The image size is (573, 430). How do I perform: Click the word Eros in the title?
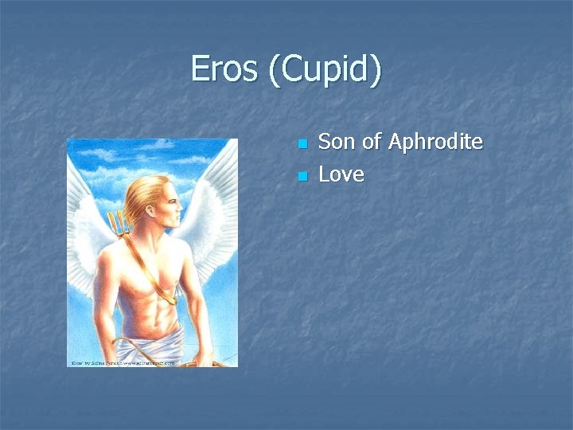[x=224, y=70]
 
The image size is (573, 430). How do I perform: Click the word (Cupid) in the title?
[x=325, y=70]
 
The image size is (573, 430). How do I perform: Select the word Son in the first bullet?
[x=336, y=142]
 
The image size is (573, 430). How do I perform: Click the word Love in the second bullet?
[x=341, y=174]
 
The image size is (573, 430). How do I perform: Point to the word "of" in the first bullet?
[x=371, y=142]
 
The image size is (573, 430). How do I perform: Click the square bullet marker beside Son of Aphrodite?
[x=302, y=144]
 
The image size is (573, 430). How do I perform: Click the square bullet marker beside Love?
[x=302, y=176]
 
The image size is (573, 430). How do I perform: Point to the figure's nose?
[x=181, y=209]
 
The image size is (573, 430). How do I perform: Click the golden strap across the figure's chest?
[x=151, y=263]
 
